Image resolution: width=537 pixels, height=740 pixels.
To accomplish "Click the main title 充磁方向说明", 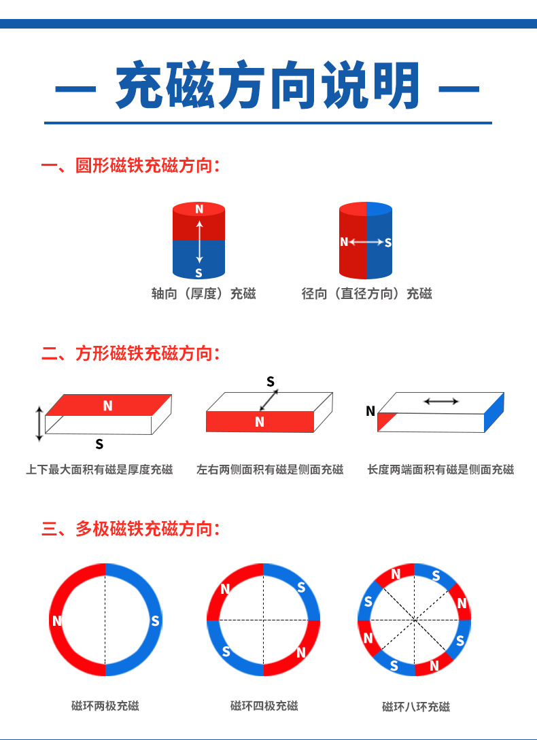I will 268,86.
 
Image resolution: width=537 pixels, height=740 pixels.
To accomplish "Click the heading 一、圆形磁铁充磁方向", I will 131,166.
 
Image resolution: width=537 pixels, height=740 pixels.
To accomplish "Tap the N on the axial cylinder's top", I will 199,209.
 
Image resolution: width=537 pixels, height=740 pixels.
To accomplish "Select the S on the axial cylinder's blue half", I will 198,272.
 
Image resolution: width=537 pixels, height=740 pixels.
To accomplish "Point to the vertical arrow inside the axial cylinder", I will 199,241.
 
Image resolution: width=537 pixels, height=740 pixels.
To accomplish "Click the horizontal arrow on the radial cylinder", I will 366,242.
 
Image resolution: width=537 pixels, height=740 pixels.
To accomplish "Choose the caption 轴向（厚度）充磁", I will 203,294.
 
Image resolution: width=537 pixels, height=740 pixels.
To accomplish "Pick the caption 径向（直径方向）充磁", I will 366,294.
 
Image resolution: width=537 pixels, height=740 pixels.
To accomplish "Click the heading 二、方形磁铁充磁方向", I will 131,353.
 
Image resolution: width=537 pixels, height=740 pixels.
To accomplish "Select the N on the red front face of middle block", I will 259,422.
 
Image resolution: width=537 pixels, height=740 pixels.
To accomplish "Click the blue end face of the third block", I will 493,413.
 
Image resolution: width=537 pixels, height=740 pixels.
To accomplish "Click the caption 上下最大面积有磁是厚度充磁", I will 99,470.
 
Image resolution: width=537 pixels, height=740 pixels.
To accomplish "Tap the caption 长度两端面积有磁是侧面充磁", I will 440,470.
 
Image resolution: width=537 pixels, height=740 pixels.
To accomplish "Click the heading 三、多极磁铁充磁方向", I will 131,529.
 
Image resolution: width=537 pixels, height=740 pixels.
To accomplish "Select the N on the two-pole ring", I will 57,620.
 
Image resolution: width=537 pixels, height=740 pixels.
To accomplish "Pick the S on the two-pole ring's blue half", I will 155,620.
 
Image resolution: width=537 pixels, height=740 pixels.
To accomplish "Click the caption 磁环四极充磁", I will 264,706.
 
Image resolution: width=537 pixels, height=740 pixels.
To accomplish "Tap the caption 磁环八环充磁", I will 415,707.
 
